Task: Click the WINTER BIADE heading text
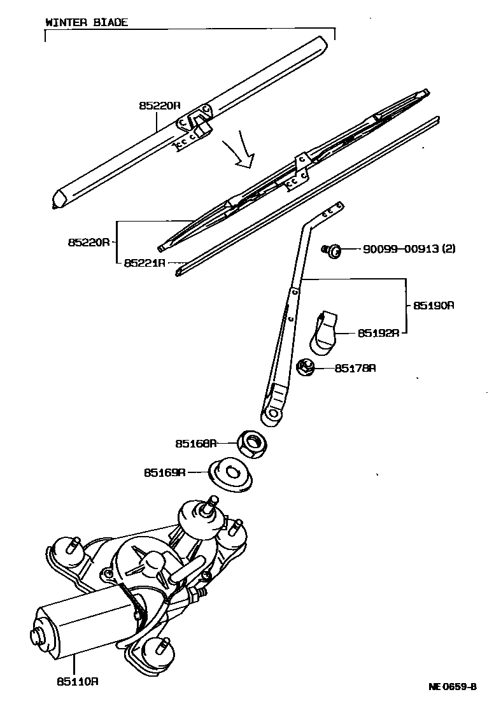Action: (87, 22)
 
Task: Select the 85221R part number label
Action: (145, 262)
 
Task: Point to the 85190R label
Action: (434, 305)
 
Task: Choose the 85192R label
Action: (378, 332)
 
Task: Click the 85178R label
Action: (355, 368)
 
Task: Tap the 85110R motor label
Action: (77, 681)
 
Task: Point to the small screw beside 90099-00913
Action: (331, 250)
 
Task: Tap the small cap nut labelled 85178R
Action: (306, 367)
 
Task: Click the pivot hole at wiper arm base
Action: (274, 413)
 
